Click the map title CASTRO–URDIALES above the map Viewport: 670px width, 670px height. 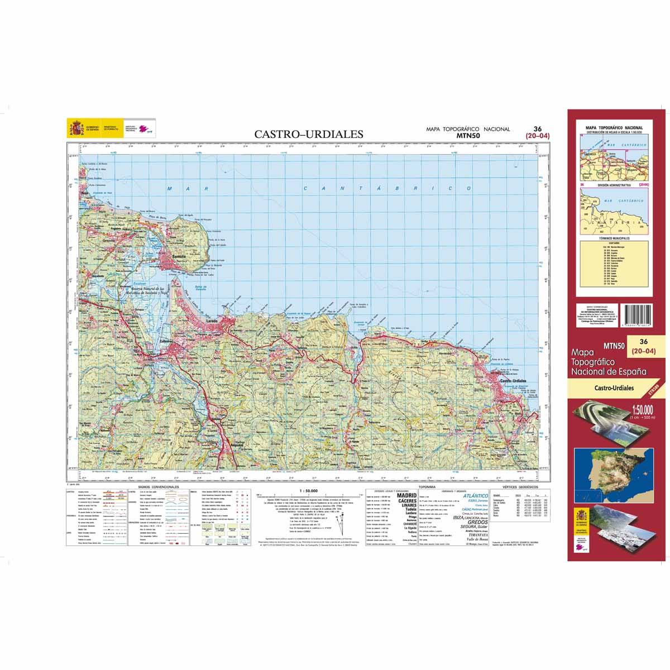[309, 134]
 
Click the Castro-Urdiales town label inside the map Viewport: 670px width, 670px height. [514, 380]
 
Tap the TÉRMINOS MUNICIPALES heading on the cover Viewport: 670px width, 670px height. [613, 238]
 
